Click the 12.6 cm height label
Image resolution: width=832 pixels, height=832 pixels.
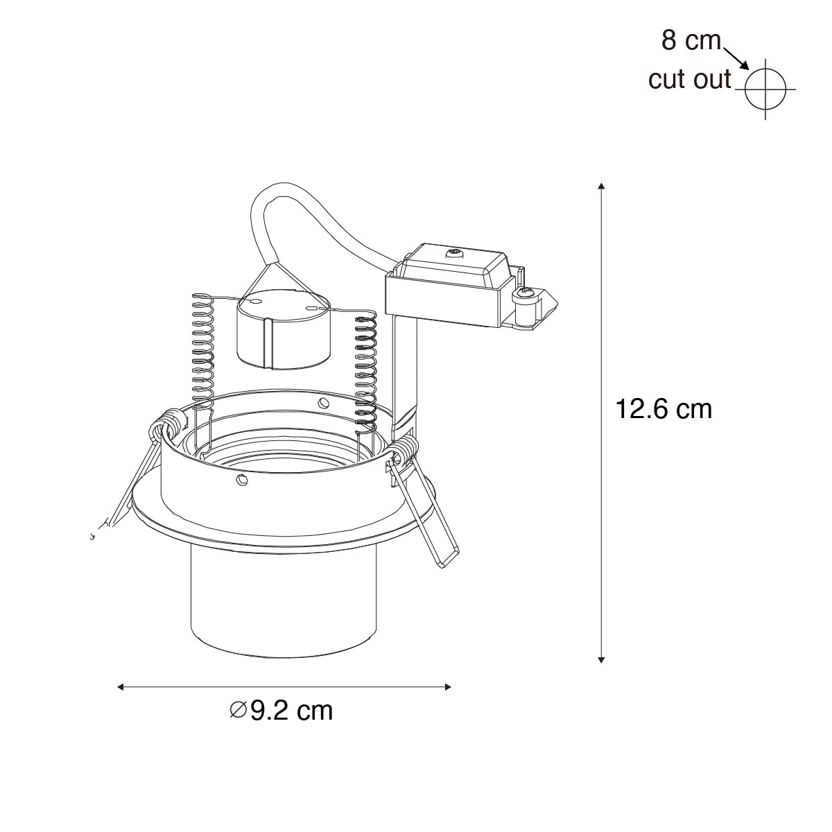(x=664, y=409)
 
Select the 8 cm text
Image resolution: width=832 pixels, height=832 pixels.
(x=691, y=41)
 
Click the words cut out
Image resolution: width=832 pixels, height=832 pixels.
(x=689, y=80)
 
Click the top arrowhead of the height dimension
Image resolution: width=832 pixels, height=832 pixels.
(x=601, y=186)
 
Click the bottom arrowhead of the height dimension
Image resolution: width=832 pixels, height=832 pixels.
(x=601, y=660)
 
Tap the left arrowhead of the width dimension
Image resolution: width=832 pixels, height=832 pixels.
(x=121, y=687)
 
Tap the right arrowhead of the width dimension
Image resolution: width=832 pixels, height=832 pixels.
(x=448, y=687)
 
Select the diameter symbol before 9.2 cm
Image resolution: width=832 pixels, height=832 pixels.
(x=238, y=710)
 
